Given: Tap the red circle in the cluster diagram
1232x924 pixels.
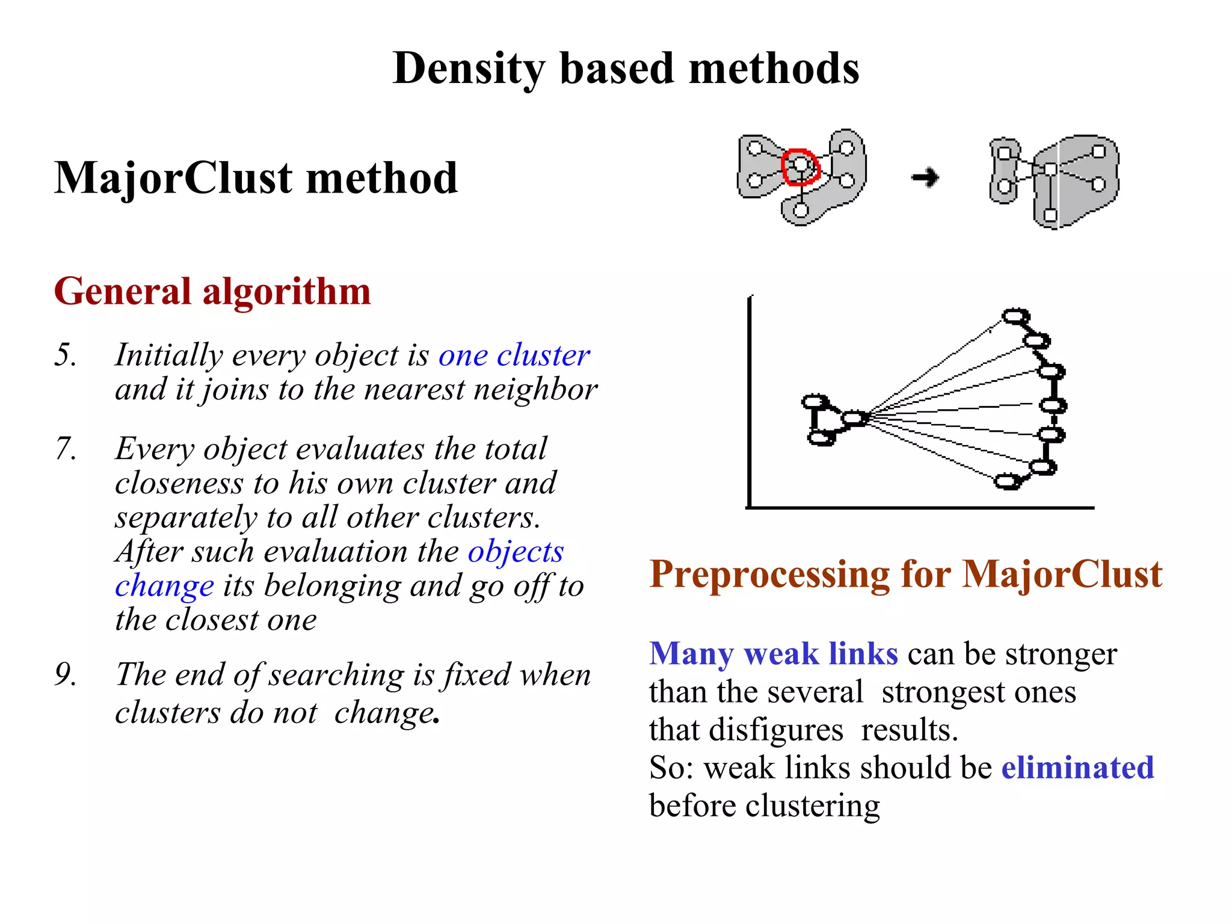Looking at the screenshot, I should pos(801,166).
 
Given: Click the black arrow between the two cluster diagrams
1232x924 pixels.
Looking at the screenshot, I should pos(925,177).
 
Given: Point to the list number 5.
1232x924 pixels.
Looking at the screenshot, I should pos(65,354).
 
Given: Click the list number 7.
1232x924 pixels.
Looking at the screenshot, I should pos(66,448).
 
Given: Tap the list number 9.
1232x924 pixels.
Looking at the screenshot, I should pos(66,674).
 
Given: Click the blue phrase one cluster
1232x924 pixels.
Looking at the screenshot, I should pos(514,355).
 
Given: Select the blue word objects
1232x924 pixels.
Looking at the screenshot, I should pos(516,552).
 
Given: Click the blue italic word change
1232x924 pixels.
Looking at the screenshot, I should pos(164,586).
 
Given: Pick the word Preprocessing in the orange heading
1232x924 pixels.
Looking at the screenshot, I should pos(769,574).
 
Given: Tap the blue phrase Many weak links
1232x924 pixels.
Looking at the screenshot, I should pos(774,653).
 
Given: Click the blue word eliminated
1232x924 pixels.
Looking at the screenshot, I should pos(1077,768).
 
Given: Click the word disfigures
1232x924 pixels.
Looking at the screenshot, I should pos(777,730).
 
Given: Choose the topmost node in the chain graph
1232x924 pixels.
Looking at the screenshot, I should pos(1016,316).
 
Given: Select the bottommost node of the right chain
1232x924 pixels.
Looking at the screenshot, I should pos(1008,481).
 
